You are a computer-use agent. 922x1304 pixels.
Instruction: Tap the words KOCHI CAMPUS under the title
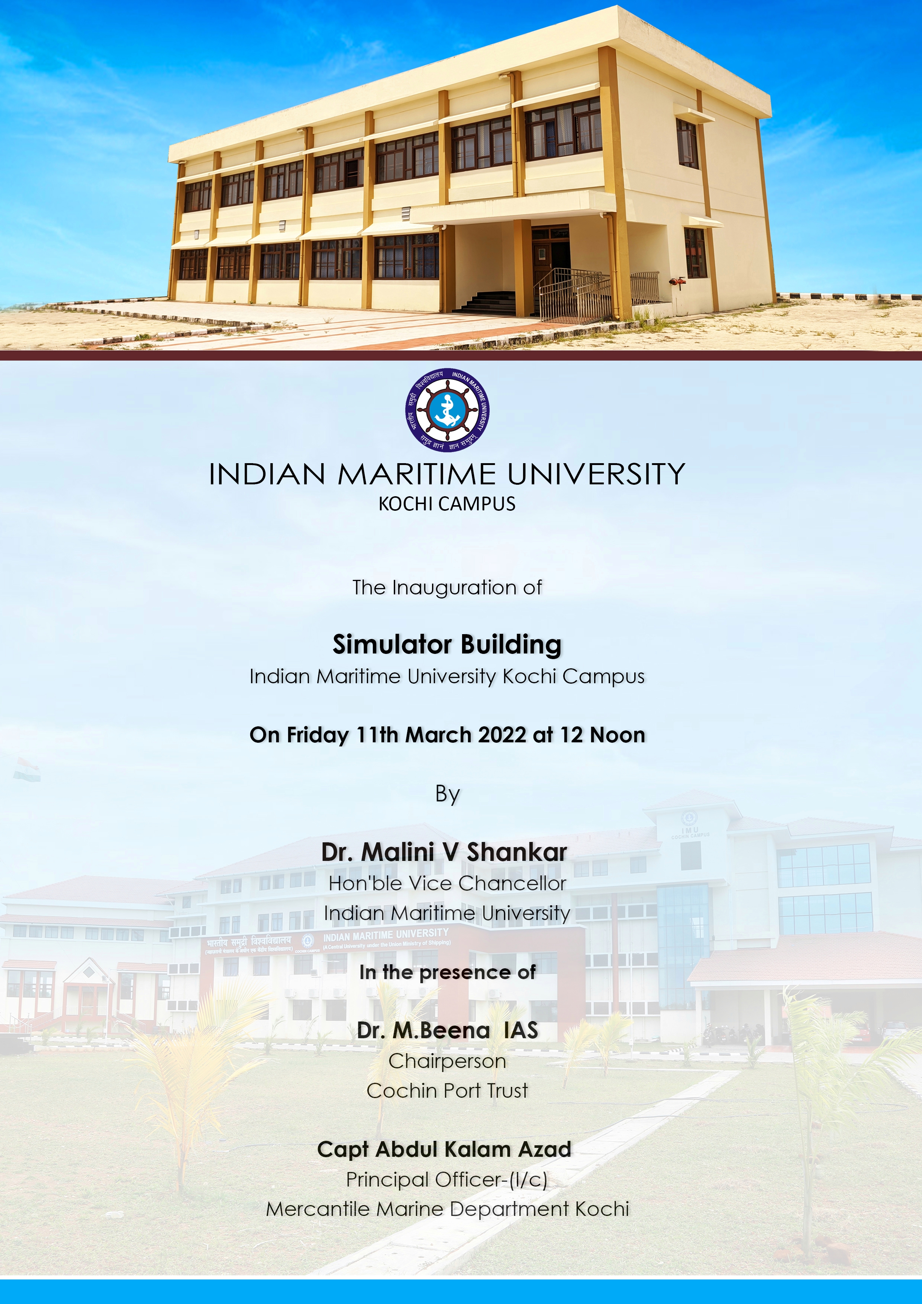point(447,504)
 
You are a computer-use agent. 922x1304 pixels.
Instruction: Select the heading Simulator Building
point(447,645)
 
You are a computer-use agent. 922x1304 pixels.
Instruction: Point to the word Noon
point(618,735)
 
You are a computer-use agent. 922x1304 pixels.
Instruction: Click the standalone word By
point(447,794)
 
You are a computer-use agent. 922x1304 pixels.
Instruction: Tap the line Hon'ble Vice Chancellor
point(447,883)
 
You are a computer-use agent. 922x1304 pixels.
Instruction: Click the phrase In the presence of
point(447,972)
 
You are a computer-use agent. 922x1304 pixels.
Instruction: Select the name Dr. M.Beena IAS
point(447,1030)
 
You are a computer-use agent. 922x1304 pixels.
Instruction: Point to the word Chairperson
point(447,1061)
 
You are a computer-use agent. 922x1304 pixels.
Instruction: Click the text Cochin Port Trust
point(447,1091)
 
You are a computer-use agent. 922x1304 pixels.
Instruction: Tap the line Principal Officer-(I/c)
point(447,1179)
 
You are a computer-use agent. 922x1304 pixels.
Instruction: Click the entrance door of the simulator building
point(550,261)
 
